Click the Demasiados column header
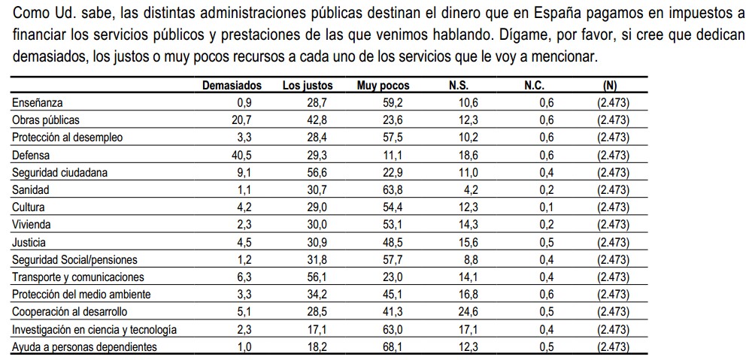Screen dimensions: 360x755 (x=232, y=86)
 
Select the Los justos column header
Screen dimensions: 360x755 (x=308, y=86)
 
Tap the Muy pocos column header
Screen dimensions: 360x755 (x=383, y=86)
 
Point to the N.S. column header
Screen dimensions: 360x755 (x=459, y=86)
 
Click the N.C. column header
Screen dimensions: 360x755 (x=534, y=86)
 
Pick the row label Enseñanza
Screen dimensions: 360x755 (x=38, y=103)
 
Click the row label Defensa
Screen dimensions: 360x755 (x=32, y=155)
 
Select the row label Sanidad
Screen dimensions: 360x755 (x=31, y=190)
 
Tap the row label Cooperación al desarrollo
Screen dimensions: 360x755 (x=70, y=312)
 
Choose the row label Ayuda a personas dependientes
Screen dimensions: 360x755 (x=85, y=346)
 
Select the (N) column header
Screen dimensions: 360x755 (x=610, y=86)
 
